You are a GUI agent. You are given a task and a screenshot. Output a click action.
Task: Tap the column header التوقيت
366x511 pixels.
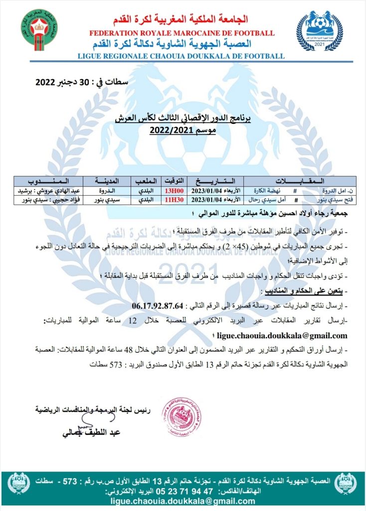pos(175,180)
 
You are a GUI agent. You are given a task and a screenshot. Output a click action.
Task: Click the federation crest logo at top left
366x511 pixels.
pos(39,29)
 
